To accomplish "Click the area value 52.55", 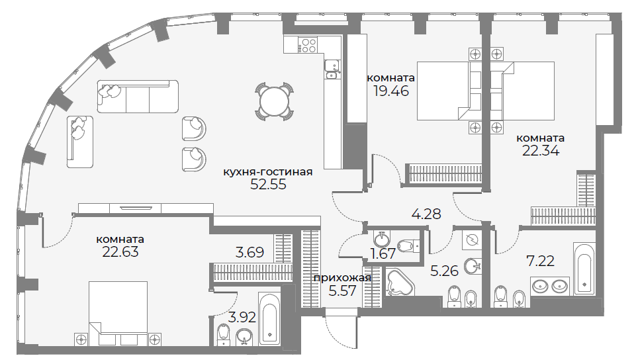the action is tap(268, 185).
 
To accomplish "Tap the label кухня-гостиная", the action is tap(268, 172).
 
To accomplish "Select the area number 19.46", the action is tap(391, 91).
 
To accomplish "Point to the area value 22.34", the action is tap(541, 151).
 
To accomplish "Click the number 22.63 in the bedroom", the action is tap(120, 251).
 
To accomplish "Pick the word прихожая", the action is tap(343, 278).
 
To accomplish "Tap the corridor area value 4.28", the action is tap(426, 214).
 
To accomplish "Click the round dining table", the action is tap(274, 102).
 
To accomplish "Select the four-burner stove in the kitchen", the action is tap(308, 44).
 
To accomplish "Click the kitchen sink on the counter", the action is tap(333, 69).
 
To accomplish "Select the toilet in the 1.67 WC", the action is tap(407, 245).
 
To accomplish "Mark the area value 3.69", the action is tap(250, 252).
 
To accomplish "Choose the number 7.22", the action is tap(540, 261).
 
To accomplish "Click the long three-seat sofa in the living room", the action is tap(138, 97).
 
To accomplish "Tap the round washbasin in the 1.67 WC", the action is tap(381, 240).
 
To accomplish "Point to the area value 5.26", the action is tap(445, 271).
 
